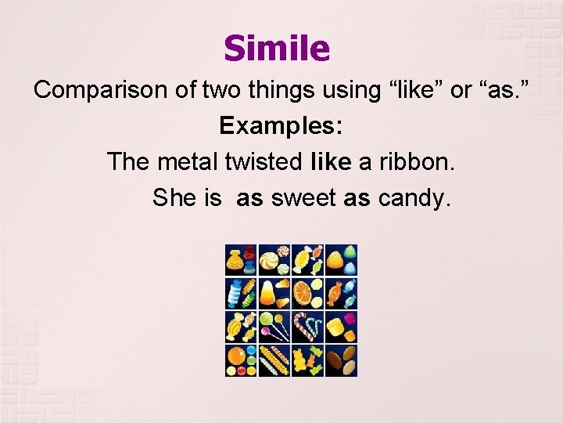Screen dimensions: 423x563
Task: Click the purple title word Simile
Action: (x=277, y=49)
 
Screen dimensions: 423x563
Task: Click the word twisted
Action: (x=263, y=161)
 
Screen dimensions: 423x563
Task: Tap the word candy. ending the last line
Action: (x=414, y=197)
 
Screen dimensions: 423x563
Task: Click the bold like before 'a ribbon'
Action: (x=332, y=161)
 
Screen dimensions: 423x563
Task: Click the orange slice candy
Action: (x=302, y=295)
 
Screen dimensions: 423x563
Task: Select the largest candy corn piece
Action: (x=267, y=294)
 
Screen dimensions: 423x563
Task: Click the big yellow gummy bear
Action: (x=301, y=361)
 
